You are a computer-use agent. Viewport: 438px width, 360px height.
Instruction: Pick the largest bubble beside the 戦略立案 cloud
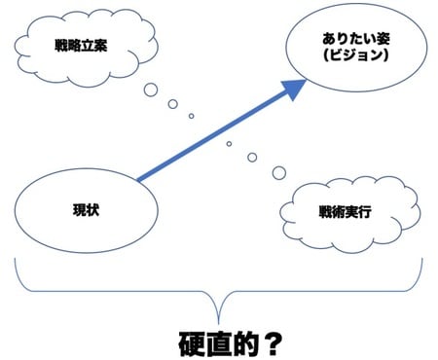click(x=150, y=90)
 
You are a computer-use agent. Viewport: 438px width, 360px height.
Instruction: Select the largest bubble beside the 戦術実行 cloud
click(x=279, y=173)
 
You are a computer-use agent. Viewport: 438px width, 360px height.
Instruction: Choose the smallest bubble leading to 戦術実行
click(x=229, y=143)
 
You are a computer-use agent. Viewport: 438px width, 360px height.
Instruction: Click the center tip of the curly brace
click(x=220, y=309)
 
